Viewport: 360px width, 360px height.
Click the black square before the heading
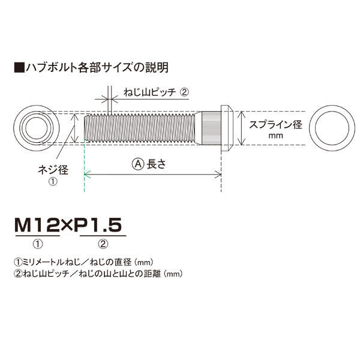[x=19, y=67]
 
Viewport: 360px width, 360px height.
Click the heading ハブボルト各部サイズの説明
[x=97, y=67]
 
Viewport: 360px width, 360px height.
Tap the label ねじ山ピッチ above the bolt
[x=149, y=92]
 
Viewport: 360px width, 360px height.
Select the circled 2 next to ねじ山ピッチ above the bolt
[x=184, y=92]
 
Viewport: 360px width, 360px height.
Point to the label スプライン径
[x=275, y=125]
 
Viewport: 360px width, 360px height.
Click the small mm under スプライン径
[x=275, y=136]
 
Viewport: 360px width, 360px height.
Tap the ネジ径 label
[x=53, y=170]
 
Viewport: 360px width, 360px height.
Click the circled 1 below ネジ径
[x=53, y=182]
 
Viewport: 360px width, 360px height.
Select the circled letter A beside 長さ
[x=138, y=164]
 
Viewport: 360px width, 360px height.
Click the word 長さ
[x=156, y=164]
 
